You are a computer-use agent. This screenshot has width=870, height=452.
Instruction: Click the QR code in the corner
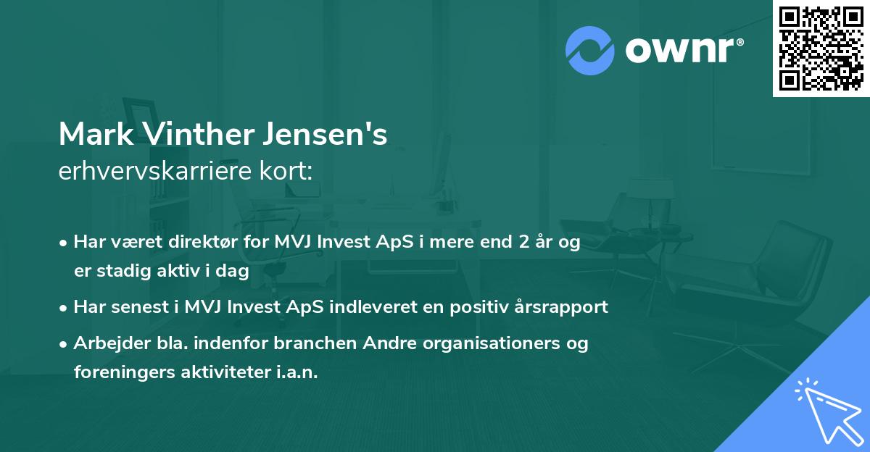(x=821, y=49)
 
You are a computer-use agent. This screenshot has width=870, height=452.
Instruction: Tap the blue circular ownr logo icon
(x=589, y=51)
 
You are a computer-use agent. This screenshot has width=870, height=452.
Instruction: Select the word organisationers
(x=485, y=343)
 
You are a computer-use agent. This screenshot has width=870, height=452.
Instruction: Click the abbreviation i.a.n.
(x=297, y=372)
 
